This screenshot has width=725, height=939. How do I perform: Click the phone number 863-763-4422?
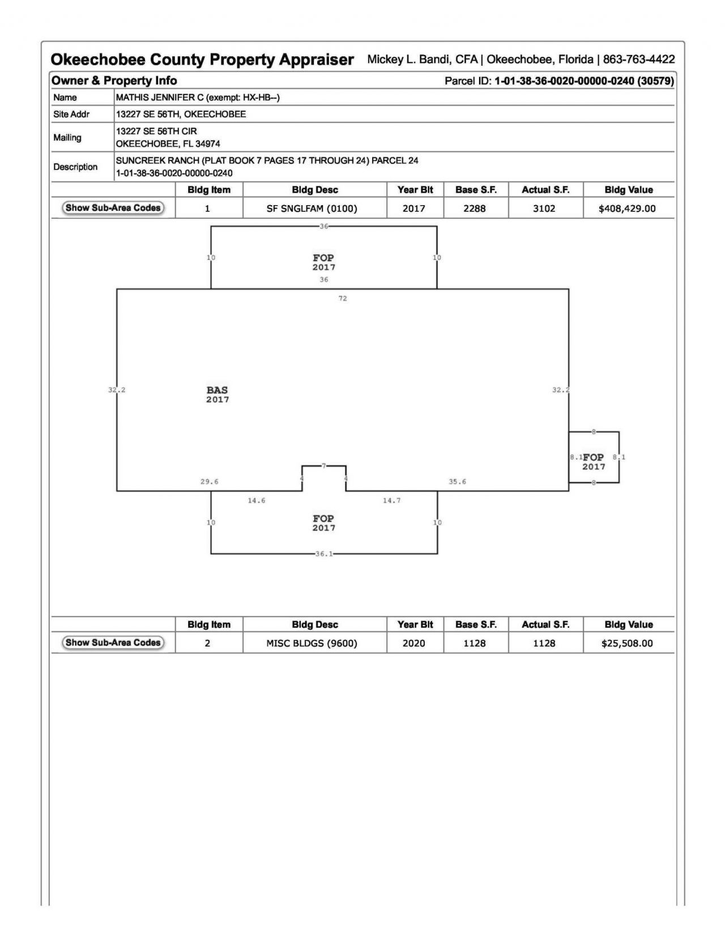coord(638,60)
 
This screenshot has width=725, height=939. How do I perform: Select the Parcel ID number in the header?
coord(584,81)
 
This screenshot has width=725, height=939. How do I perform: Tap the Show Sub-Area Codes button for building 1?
coord(113,208)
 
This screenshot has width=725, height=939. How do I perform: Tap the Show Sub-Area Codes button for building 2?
coord(113,643)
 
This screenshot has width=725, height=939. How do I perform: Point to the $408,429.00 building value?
coord(627,209)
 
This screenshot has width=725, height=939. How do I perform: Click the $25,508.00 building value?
coord(627,643)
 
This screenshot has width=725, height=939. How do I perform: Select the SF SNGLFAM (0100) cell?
coord(312,209)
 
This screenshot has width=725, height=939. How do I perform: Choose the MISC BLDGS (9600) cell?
coord(312,643)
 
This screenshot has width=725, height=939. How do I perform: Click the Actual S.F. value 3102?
coord(544,209)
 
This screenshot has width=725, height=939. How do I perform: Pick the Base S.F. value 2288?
coord(474,209)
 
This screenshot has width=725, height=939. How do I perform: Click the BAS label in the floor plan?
coord(217,390)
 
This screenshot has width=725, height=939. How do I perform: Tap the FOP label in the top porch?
coord(323,258)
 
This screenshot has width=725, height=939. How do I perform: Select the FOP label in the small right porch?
coord(593,457)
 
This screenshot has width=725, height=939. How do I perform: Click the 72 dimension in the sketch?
coord(343,299)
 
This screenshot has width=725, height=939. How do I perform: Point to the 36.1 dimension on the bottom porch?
coord(324,554)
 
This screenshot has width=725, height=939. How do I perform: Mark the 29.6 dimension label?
coord(209,482)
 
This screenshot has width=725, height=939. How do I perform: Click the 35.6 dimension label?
coord(457,482)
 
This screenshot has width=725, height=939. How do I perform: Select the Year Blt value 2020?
coord(413,643)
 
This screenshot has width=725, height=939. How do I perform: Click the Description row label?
coord(75,167)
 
